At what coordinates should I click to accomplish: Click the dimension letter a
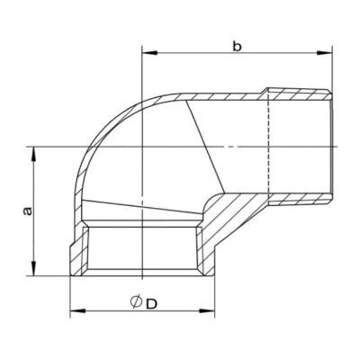[27, 210]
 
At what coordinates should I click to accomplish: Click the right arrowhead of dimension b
[328, 54]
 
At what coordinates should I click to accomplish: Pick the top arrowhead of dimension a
[35, 153]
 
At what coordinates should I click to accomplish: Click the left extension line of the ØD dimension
[71, 292]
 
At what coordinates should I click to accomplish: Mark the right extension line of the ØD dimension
[215, 292]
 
